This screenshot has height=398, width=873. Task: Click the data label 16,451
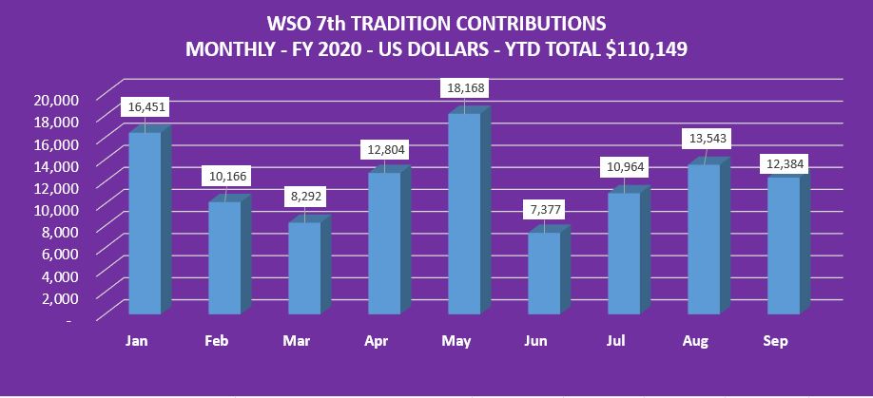pyautogui.click(x=146, y=107)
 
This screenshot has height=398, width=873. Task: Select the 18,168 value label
pyautogui.click(x=466, y=88)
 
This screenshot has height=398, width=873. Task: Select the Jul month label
pyautogui.click(x=624, y=341)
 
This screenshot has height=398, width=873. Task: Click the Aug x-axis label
pyautogui.click(x=704, y=341)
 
